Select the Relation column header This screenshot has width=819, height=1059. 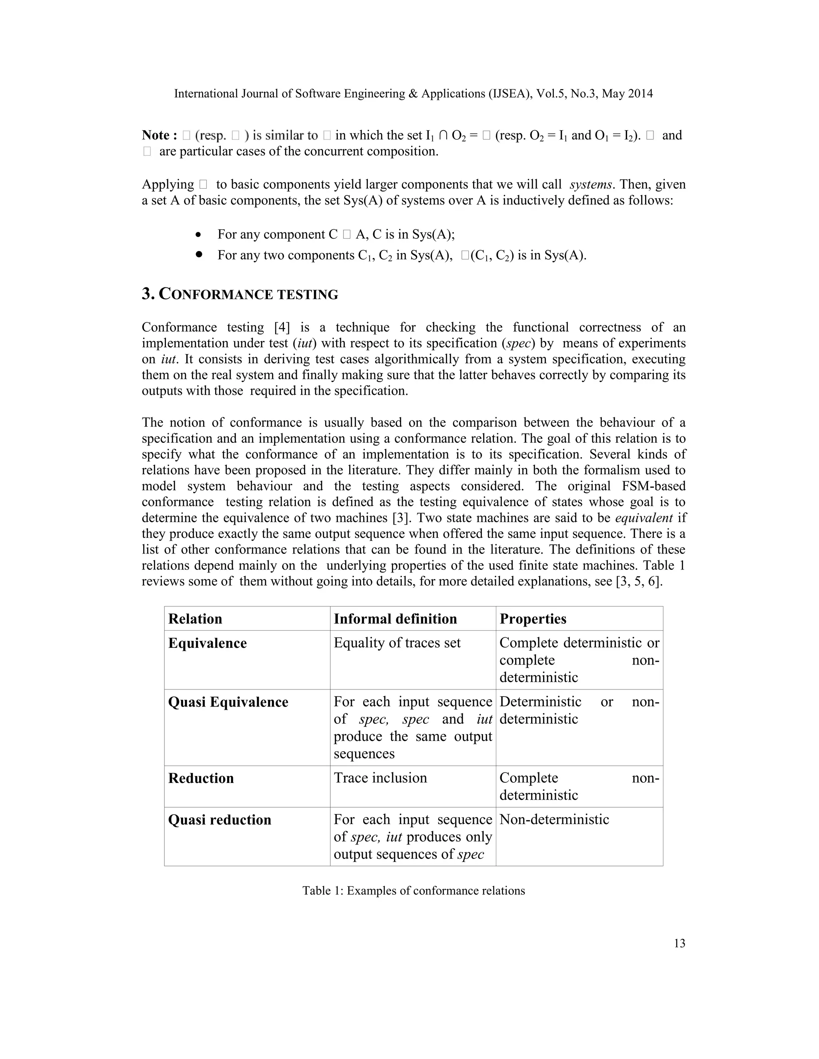(x=195, y=619)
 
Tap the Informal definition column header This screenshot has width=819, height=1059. (x=395, y=619)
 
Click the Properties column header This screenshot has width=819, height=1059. (x=533, y=619)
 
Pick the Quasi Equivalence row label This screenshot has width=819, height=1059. (x=228, y=702)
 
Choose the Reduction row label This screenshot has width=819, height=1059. (x=201, y=778)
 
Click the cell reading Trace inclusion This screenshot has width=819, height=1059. (x=380, y=778)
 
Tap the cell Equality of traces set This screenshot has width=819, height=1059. (x=397, y=643)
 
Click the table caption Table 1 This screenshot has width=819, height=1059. (x=413, y=891)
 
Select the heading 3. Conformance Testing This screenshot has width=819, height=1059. (x=240, y=295)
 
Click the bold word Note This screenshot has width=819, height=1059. (x=156, y=135)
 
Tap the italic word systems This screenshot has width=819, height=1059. (x=590, y=185)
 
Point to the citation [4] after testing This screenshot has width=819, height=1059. (x=282, y=328)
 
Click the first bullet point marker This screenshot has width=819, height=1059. (x=198, y=235)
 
